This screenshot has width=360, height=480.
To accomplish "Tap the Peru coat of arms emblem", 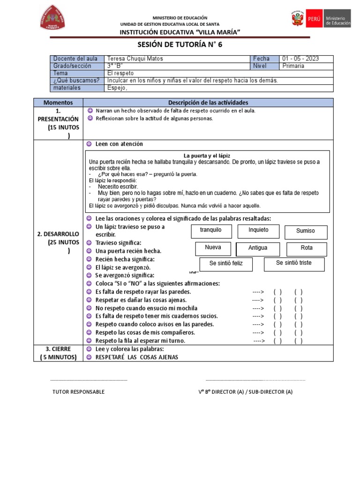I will pyautogui.click(x=297, y=20).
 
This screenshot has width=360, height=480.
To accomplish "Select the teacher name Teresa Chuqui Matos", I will pyautogui.click(x=135, y=59).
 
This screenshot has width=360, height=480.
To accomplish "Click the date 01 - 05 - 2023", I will pyautogui.click(x=300, y=59).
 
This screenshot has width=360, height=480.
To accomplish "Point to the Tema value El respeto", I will pyautogui.click(x=120, y=73).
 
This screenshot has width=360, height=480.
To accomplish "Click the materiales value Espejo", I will pyautogui.click(x=118, y=88).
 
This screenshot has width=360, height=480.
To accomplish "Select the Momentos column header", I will pyautogui.click(x=58, y=102).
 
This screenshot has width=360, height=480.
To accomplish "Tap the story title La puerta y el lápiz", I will pyautogui.click(x=207, y=156).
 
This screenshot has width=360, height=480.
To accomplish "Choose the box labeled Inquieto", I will pyautogui.click(x=258, y=231).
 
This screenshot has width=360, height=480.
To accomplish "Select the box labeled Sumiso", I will pyautogui.click(x=306, y=231).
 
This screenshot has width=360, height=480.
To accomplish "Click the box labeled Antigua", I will pyautogui.click(x=258, y=248).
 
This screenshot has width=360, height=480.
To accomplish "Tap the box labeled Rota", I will pyautogui.click(x=307, y=248).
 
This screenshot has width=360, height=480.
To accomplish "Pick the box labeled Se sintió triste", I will pyautogui.click(x=293, y=263).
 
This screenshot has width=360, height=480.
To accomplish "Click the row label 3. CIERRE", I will pyautogui.click(x=58, y=349).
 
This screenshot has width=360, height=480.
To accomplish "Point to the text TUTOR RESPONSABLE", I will pyautogui.click(x=78, y=392).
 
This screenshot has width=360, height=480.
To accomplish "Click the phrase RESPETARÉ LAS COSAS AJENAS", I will pyautogui.click(x=137, y=357).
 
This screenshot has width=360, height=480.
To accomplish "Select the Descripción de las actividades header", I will pyautogui.click(x=208, y=102).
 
